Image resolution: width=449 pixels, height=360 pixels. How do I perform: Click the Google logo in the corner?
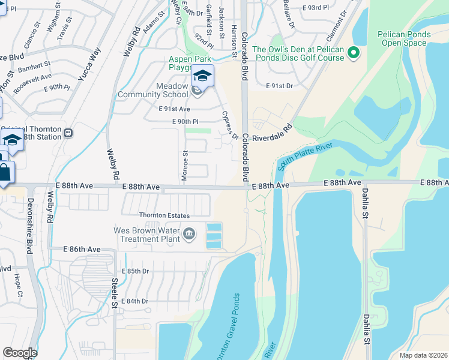point(20,353)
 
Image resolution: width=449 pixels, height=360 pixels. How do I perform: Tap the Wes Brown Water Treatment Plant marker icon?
point(188,233)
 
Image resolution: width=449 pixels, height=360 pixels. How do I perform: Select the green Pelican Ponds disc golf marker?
point(354,53)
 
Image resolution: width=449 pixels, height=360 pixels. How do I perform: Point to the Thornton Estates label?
point(164,215)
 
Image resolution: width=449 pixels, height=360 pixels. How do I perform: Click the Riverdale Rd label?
point(272,133)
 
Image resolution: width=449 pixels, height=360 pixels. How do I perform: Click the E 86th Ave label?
point(82,248)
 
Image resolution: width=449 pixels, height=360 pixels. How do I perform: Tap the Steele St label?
point(114,296)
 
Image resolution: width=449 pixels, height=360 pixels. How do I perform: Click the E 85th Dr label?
point(135,271)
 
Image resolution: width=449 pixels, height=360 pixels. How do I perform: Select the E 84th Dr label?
point(135,301)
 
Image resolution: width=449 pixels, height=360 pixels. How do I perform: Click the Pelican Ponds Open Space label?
point(404,38)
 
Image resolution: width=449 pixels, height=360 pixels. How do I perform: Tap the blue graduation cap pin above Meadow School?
point(202,77)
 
